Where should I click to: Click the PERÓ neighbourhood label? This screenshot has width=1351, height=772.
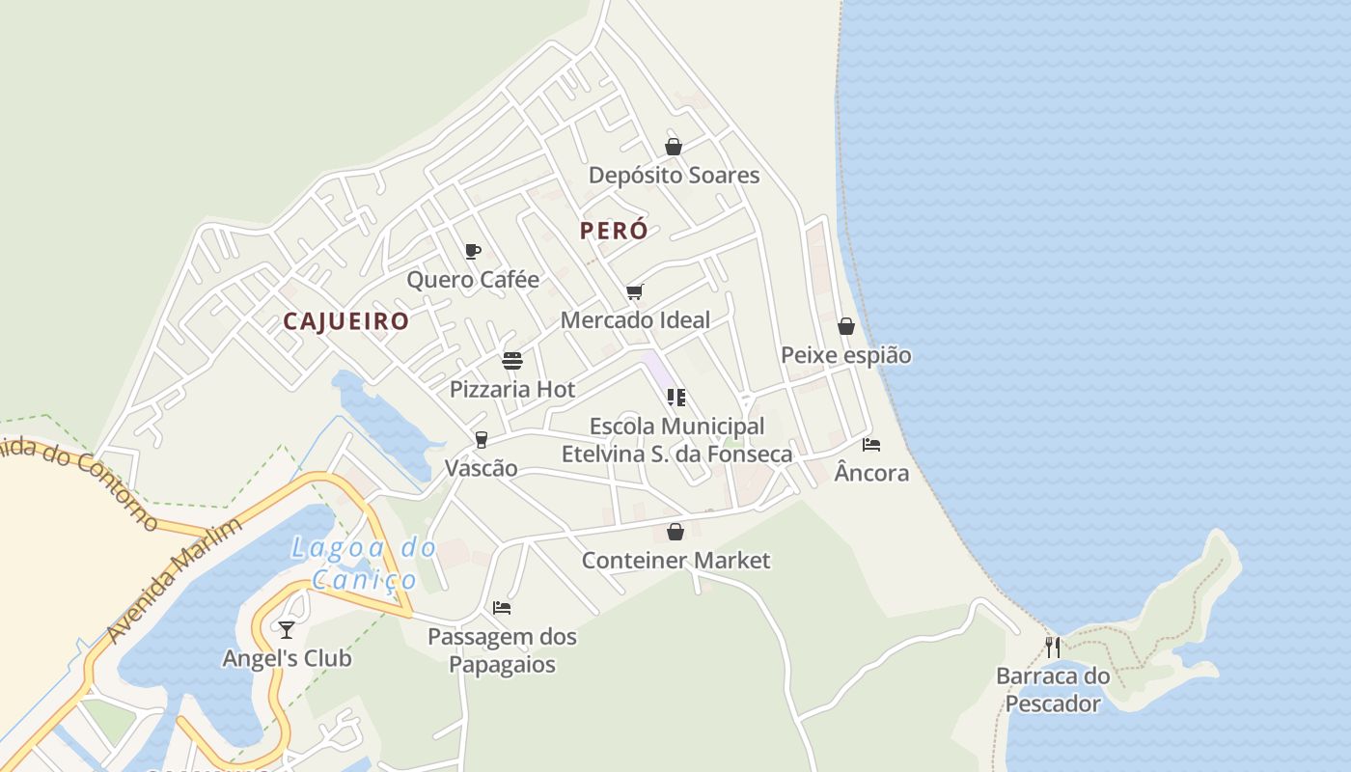pyautogui.click(x=614, y=232)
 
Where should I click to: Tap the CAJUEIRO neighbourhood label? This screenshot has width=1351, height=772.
pyautogui.click(x=345, y=321)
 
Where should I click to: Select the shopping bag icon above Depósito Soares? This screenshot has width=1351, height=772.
pyautogui.click(x=674, y=147)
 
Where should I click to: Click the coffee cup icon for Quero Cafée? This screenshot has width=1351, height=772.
pyautogui.click(x=472, y=251)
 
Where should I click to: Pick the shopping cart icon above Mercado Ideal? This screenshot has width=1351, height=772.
pyautogui.click(x=634, y=291)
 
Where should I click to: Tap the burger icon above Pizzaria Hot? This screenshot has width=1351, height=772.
pyautogui.click(x=512, y=361)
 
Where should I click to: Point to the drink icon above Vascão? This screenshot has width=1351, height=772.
pyautogui.click(x=481, y=440)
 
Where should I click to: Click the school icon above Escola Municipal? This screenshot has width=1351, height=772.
pyautogui.click(x=675, y=397)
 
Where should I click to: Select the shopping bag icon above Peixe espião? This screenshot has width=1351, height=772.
pyautogui.click(x=845, y=326)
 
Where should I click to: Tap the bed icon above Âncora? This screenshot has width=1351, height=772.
pyautogui.click(x=871, y=445)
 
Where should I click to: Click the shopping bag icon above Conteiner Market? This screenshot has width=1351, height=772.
pyautogui.click(x=675, y=532)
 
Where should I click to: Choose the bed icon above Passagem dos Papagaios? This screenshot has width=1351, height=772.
pyautogui.click(x=502, y=608)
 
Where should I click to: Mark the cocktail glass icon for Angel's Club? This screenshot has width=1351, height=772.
pyautogui.click(x=287, y=630)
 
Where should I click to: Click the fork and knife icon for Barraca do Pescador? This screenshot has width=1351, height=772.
pyautogui.click(x=1053, y=647)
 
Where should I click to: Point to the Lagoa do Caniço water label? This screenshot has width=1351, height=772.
pyautogui.click(x=364, y=564)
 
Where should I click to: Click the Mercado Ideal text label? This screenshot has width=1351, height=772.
pyautogui.click(x=635, y=319)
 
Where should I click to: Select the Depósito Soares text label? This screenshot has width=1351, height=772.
pyautogui.click(x=674, y=176)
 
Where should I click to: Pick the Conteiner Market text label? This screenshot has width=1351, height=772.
pyautogui.click(x=675, y=560)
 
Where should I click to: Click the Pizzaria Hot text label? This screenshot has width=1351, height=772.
pyautogui.click(x=512, y=390)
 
